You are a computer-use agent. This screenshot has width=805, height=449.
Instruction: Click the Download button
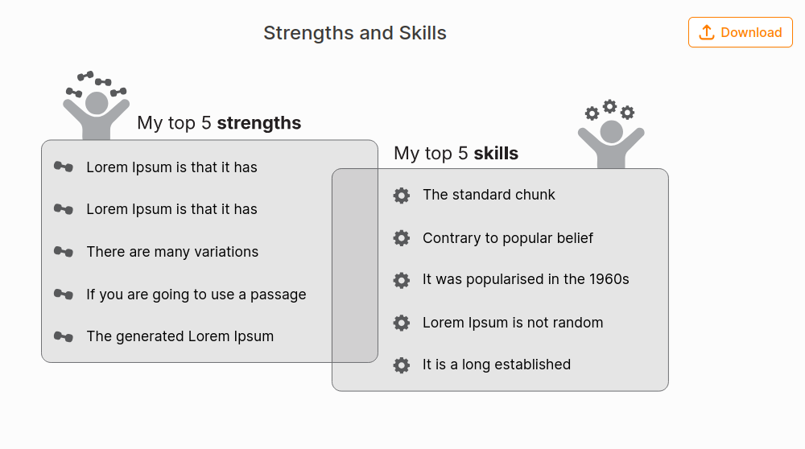741,32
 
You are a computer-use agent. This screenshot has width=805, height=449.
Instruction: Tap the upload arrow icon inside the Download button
707,32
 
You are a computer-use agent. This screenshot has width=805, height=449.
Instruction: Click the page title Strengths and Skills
355,33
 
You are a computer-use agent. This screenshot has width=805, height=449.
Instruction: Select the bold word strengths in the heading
259,123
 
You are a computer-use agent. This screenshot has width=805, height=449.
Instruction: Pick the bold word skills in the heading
496,154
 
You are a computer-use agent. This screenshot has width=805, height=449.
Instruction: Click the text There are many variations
172,252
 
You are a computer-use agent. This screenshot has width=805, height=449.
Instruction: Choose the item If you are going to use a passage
196,295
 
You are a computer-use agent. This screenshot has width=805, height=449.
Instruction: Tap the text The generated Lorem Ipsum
180,336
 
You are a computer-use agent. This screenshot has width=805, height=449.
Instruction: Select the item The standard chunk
489,195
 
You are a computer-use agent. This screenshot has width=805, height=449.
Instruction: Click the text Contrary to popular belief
508,238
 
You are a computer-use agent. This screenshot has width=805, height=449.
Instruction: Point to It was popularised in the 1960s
526,279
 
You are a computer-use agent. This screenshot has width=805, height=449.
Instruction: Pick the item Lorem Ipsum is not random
513,323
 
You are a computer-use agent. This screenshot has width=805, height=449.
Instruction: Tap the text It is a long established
497,365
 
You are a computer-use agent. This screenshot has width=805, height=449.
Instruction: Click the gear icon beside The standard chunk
402,195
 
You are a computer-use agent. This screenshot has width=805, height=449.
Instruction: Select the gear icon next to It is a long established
402,365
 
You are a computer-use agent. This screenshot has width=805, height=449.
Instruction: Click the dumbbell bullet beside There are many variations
64,252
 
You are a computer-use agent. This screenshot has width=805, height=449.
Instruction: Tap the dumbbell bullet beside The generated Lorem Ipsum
64,336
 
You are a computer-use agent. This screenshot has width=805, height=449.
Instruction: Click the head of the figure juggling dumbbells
97,103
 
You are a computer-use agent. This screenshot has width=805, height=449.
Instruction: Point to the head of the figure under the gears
612,131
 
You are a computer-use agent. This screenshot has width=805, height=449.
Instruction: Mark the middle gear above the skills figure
610,106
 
